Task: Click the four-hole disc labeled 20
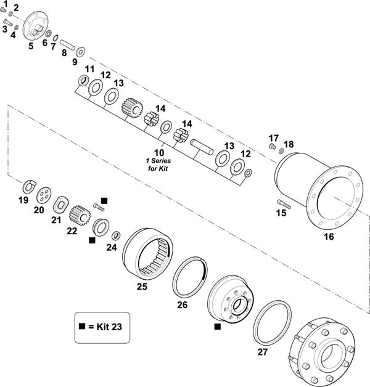coord(43,195)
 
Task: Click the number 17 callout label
coord(274,137)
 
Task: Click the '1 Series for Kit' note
coord(158,165)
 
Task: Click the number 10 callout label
coord(159,152)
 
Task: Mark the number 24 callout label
coord(111,248)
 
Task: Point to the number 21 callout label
coord(56,220)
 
